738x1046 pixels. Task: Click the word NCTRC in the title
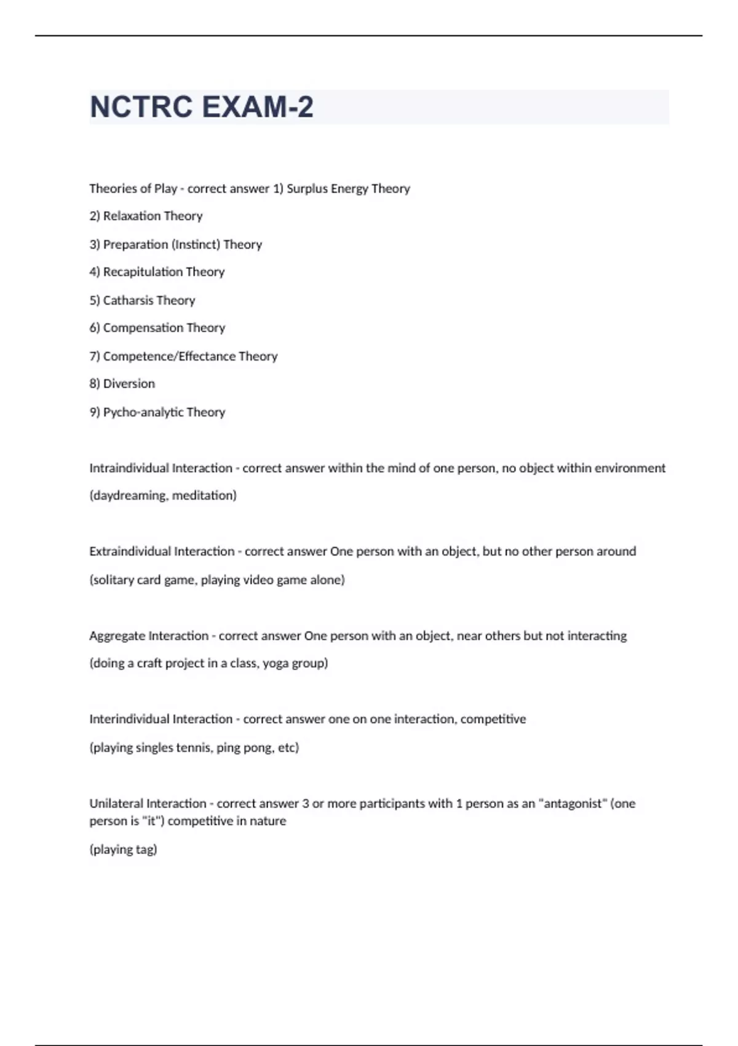coord(141,107)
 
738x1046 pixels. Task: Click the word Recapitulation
coord(143,272)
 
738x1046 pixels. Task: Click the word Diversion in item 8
coord(129,384)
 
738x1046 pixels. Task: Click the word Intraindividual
coord(129,468)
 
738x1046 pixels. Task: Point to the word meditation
coord(204,495)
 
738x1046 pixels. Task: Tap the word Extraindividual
coord(130,551)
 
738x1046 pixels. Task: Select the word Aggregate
coord(117,636)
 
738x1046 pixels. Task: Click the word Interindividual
coord(129,719)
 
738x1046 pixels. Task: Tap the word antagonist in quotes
coord(571,804)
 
